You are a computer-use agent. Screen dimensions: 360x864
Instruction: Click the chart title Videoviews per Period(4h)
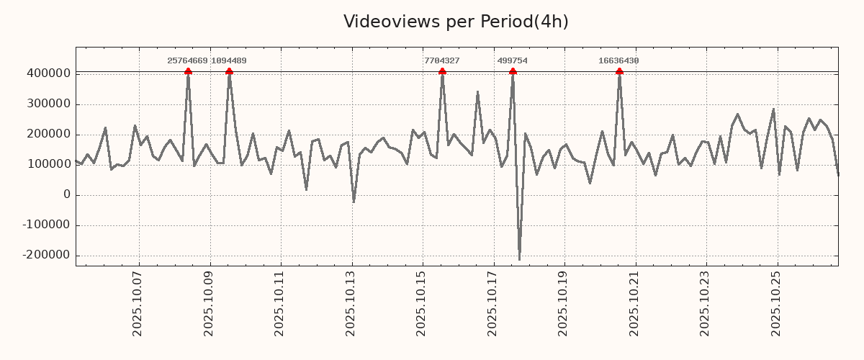tap(456, 22)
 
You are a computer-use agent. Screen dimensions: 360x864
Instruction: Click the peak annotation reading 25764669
tap(187, 61)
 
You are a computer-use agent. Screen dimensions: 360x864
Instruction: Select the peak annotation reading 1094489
tap(229, 61)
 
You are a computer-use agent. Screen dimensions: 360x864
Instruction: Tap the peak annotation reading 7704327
tap(442, 61)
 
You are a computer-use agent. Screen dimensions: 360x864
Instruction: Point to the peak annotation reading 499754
tap(513, 61)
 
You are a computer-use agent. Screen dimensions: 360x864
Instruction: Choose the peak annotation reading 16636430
tap(618, 61)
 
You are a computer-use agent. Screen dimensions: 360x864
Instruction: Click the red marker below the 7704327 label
tap(442, 71)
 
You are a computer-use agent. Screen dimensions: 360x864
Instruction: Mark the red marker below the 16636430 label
tap(619, 71)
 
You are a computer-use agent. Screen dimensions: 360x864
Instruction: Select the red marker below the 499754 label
tap(513, 71)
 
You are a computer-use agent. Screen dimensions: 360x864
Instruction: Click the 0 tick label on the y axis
tap(67, 195)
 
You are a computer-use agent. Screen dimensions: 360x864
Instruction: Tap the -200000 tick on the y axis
tap(46, 256)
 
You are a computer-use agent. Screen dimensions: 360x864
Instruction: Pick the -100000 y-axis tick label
tap(46, 225)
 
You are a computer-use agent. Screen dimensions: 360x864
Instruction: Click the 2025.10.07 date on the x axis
tap(138, 307)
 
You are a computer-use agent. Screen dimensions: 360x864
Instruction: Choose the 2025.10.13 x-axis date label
tap(351, 307)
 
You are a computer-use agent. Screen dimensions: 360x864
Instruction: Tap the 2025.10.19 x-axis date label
tap(564, 307)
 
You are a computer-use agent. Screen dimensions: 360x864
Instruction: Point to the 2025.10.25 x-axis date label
tap(776, 307)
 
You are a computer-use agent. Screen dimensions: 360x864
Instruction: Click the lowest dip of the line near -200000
tap(519, 259)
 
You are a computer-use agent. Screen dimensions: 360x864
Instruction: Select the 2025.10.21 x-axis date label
tap(634, 307)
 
